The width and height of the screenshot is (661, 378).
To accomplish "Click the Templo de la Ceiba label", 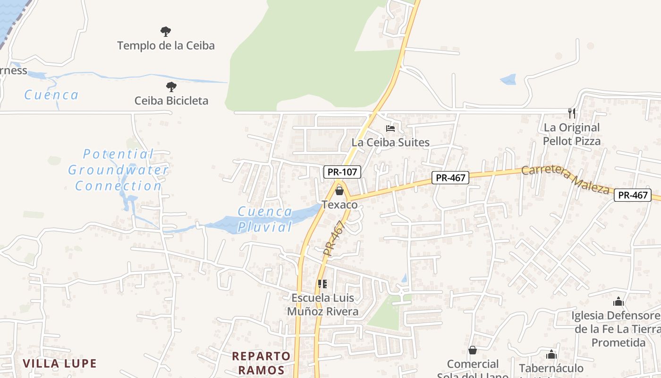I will click(166, 46).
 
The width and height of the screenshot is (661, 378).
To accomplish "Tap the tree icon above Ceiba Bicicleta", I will click(171, 87).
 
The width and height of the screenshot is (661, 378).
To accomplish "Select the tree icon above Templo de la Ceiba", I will click(165, 32).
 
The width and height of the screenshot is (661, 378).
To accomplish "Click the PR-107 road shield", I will click(342, 172).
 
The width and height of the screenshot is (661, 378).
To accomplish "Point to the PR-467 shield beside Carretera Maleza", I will click(451, 178).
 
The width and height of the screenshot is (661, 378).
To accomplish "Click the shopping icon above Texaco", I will click(339, 191).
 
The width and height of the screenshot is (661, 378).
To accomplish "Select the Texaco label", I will click(339, 205).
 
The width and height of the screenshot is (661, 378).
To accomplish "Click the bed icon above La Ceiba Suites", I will click(390, 128).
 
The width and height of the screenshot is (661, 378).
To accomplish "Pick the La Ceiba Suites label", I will click(390, 142).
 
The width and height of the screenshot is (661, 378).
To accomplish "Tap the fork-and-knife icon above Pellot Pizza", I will click(572, 113).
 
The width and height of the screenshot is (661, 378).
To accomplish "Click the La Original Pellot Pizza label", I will click(572, 134).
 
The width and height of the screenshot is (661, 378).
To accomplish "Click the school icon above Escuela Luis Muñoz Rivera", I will click(322, 284).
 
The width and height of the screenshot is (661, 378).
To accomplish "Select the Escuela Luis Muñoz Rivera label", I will click(323, 305).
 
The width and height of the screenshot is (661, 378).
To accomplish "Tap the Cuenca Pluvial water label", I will click(264, 219).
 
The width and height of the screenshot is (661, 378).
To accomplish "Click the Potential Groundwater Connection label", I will click(118, 170).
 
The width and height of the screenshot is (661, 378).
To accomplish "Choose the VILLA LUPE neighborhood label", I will click(60, 363).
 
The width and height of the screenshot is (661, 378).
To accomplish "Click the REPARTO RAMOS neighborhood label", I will click(261, 363).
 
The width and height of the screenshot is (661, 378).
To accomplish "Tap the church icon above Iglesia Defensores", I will click(619, 302).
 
